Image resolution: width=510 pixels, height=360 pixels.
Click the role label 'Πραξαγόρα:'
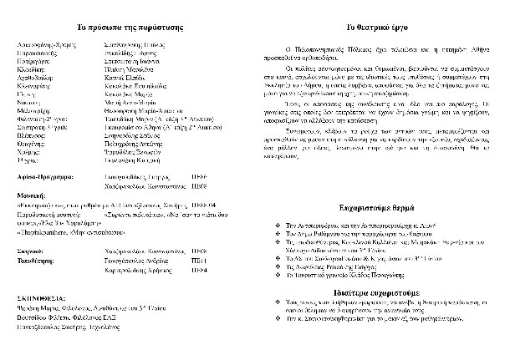point(33,61)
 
